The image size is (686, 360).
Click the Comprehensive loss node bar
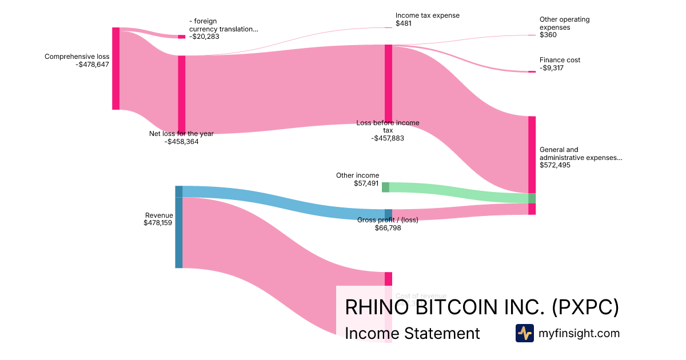tap(116, 68)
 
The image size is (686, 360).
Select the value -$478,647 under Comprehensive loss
tap(92, 65)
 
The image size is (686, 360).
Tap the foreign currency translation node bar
tap(182, 37)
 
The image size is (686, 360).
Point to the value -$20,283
tap(204, 37)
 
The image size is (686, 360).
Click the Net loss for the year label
tap(181, 134)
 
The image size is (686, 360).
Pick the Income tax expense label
tap(427, 15)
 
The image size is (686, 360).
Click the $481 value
tap(404, 23)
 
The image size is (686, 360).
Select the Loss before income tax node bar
tap(388, 83)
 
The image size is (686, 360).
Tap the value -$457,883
tap(388, 138)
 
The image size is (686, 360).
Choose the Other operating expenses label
tap(564, 23)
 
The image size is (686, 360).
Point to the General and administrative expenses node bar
tap(532, 155)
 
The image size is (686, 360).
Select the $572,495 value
tap(555, 165)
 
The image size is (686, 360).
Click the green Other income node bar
tap(385, 187)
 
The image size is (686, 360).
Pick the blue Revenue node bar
tap(179, 227)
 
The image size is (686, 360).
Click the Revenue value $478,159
tap(158, 223)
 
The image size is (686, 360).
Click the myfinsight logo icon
tap(524, 333)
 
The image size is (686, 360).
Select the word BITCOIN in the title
tap(456, 307)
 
